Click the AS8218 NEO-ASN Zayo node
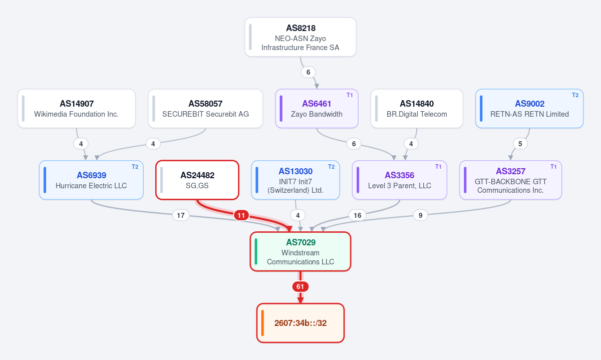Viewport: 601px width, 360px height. tap(300, 37)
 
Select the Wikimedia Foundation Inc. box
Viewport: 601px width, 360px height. tap(77, 108)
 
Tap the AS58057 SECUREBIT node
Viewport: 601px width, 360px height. tap(205, 108)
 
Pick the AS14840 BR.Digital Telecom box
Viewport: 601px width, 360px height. tap(417, 108)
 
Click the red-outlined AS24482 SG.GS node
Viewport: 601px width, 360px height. tap(197, 180)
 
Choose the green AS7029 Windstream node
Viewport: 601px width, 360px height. tap(300, 251)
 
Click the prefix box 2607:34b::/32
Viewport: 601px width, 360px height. tap(300, 323)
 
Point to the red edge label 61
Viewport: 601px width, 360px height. tap(300, 286)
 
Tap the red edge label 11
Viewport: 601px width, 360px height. tap(241, 215)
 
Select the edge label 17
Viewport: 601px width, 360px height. tap(181, 215)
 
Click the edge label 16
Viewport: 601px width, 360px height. tap(357, 215)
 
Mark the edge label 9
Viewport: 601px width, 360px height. tap(420, 215)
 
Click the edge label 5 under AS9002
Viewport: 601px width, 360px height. tap(520, 144)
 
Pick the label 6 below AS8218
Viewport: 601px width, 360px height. tap(309, 72)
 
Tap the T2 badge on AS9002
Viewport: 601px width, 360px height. tap(575, 95)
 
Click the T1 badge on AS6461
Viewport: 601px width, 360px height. tap(350, 95)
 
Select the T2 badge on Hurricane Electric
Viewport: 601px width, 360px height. tap(135, 167)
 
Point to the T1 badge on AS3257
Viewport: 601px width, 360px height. tap(553, 167)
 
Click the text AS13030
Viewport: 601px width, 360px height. tap(295, 171)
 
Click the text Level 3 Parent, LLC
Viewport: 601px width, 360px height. tap(400, 186)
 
